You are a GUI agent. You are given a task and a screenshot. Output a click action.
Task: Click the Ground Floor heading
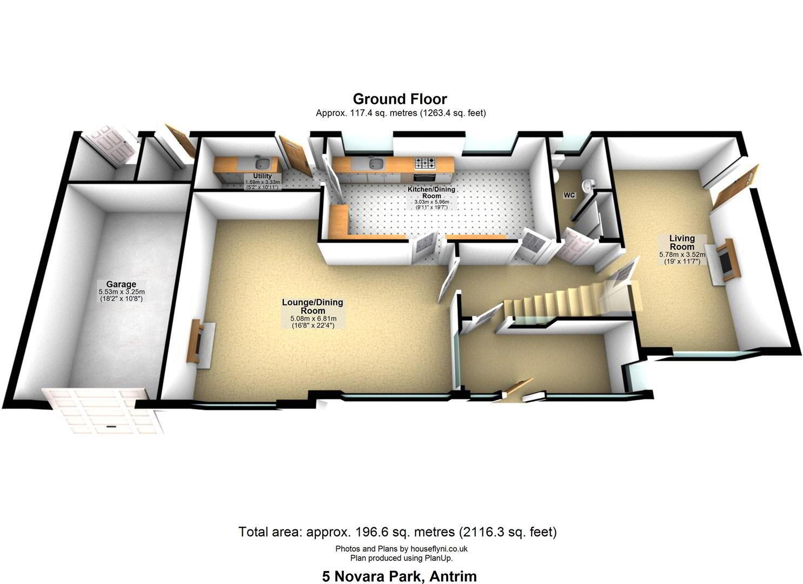tap(400, 98)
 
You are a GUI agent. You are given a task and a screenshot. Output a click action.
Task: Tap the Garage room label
tap(121, 284)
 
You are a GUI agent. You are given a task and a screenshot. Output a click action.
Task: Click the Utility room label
tap(262, 176)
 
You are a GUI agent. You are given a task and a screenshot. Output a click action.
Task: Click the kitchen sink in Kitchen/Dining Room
tap(376, 164)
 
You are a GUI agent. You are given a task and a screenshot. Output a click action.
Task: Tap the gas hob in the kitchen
tap(426, 163)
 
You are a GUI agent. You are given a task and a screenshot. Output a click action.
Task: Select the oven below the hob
tap(425, 177)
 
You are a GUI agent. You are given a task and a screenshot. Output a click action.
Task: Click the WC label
tap(569, 195)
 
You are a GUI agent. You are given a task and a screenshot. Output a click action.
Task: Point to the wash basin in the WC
tap(587, 185)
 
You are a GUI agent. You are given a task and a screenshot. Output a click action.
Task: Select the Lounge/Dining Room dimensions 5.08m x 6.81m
tap(313, 318)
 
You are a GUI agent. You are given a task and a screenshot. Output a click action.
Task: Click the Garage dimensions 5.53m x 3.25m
tap(122, 292)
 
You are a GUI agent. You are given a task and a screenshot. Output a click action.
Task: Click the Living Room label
tap(682, 242)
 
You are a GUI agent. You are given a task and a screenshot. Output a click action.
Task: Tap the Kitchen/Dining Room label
tap(432, 193)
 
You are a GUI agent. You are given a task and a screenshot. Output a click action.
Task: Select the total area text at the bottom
tap(397, 532)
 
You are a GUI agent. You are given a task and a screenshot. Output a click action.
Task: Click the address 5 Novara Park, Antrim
tap(400, 576)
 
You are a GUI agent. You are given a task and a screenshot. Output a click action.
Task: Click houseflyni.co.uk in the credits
tap(439, 548)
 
